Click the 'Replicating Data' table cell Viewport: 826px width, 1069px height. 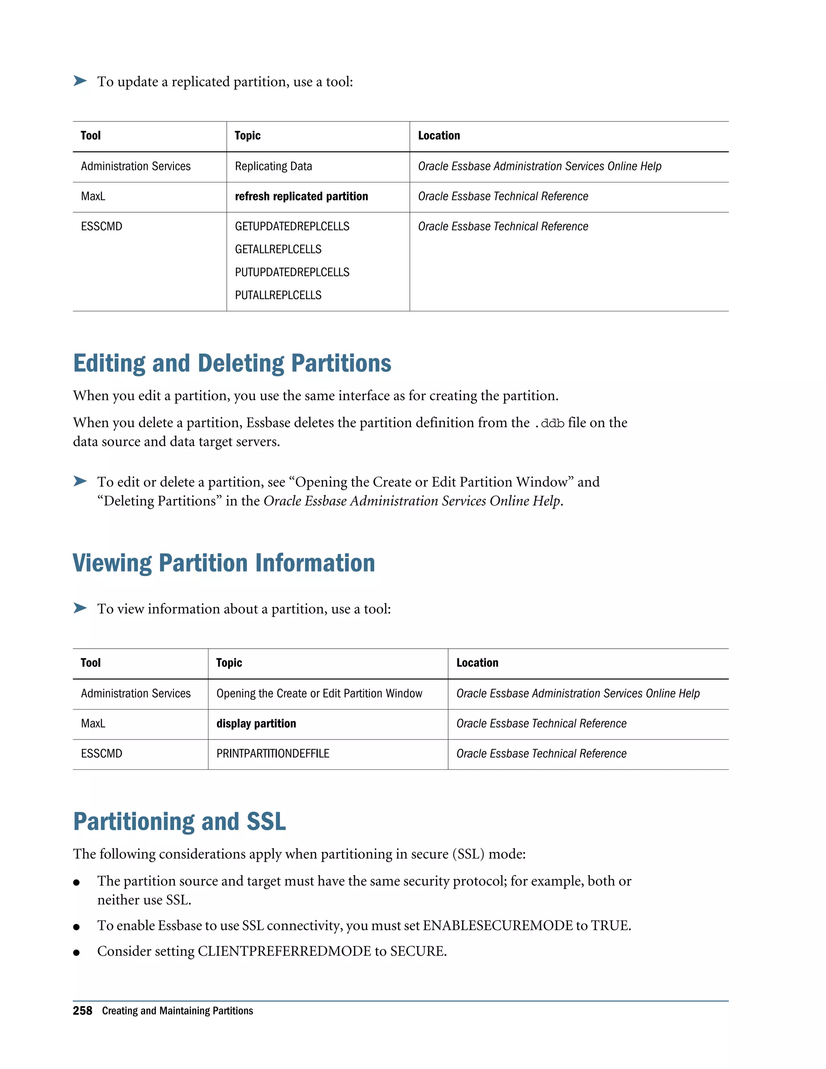coord(273,167)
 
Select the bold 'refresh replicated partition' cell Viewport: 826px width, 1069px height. coord(301,196)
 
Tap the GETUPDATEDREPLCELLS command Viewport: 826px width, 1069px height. coord(292,227)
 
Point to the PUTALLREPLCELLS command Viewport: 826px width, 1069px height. coord(278,295)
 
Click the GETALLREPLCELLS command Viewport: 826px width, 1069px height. coord(278,249)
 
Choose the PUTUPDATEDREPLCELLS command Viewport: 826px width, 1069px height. coord(292,272)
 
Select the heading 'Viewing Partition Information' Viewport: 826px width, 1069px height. coord(223,563)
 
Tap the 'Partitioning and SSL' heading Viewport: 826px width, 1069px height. coord(179,821)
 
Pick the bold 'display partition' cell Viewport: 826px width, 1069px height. coord(256,723)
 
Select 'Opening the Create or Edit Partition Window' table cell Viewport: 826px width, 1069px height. coord(319,693)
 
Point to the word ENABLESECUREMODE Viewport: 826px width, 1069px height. coord(497,925)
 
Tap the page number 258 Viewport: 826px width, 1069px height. coord(82,1011)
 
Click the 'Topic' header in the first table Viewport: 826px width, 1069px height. coord(247,136)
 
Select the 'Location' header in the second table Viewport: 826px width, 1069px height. coord(477,663)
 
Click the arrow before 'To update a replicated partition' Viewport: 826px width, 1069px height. coord(80,81)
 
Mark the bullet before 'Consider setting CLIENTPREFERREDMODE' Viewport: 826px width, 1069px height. coord(76,952)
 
